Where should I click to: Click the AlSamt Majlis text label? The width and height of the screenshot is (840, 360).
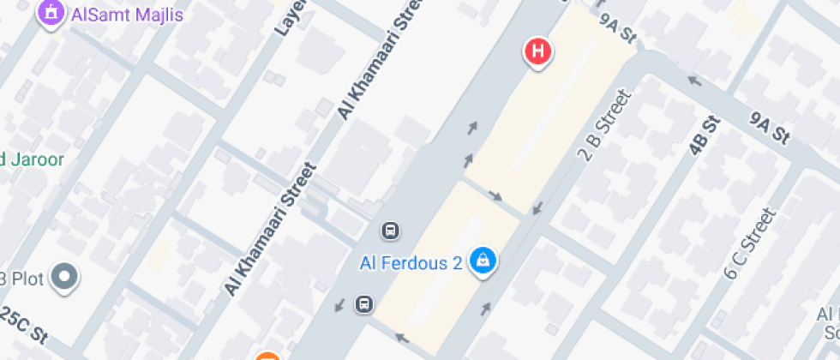128,15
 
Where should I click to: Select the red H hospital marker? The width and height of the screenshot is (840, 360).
537,51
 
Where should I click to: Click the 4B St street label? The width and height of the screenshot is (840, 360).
704,136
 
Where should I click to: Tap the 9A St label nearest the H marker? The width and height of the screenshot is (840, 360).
618,27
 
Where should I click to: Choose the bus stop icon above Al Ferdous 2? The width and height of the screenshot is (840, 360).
390,231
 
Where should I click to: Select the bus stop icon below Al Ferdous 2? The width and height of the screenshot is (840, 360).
364,303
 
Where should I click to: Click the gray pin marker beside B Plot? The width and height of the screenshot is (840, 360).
64,277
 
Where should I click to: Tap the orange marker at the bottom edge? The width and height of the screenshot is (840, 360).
267,357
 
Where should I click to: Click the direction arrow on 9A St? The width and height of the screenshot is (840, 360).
693,82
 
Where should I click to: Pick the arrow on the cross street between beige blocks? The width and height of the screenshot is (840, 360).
495,195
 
